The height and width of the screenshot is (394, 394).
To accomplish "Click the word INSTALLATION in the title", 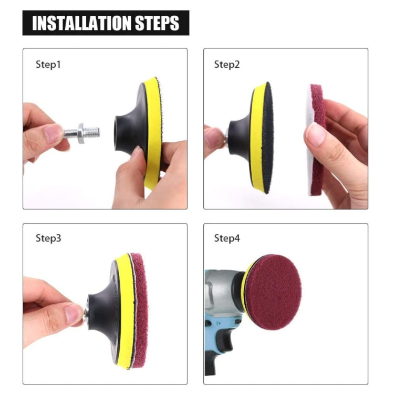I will (83, 24).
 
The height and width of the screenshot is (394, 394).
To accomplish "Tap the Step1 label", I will (48, 65).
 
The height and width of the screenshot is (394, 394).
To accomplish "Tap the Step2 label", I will (226, 65).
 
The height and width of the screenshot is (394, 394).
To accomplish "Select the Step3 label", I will (48, 238).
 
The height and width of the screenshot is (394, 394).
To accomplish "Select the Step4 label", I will (226, 238).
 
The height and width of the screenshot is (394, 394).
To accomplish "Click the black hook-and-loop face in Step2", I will (268, 138).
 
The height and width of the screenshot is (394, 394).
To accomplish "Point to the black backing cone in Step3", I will (102, 310).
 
